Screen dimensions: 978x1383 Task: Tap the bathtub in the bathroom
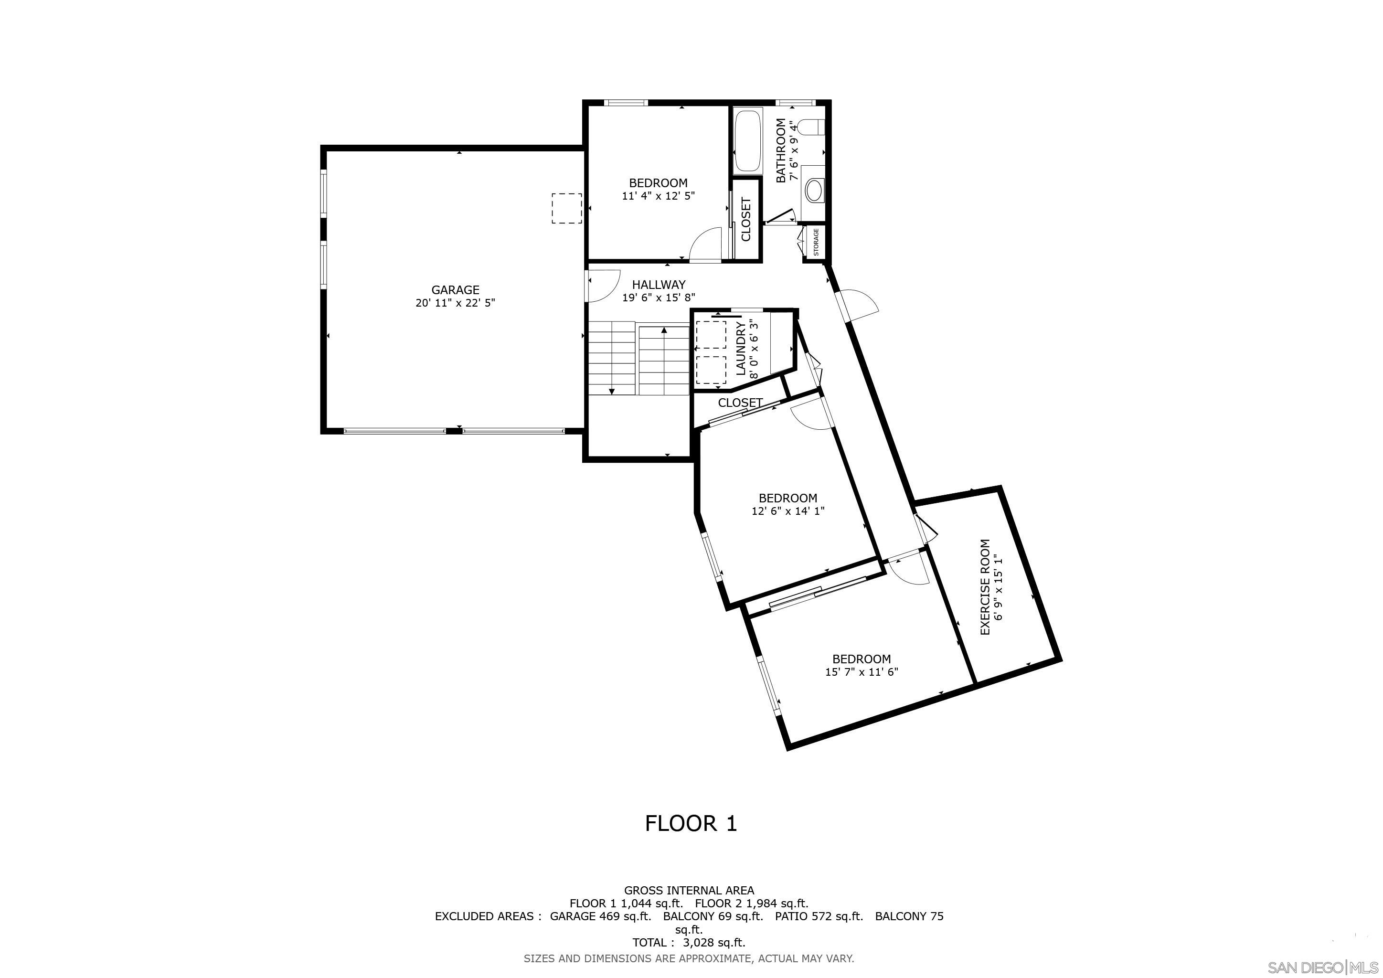[x=747, y=141]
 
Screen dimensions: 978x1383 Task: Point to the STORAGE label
[x=816, y=242]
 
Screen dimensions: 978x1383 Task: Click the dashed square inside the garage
[x=567, y=208]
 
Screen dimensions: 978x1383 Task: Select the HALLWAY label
[x=659, y=284]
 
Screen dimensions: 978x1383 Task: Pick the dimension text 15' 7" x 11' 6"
[x=862, y=672]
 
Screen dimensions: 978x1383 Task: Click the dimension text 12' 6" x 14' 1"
[x=787, y=510]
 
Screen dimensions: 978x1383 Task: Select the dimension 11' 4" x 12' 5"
[x=659, y=196]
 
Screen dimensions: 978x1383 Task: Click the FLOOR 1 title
[x=691, y=823]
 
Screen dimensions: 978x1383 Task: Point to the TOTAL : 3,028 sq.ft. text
[x=689, y=943]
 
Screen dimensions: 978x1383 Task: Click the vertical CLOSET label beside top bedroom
[x=746, y=219]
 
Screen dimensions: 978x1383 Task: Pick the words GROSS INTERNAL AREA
[x=689, y=890]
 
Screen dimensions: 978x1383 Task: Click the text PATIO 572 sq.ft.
[x=818, y=916]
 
